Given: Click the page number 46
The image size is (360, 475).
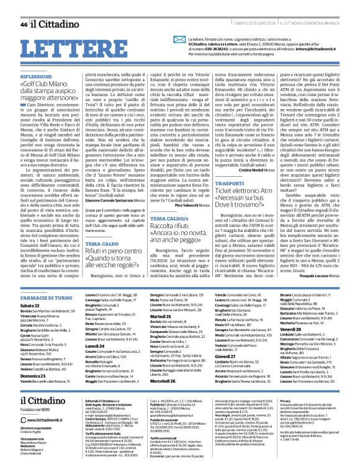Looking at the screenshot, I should coord(23,8).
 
